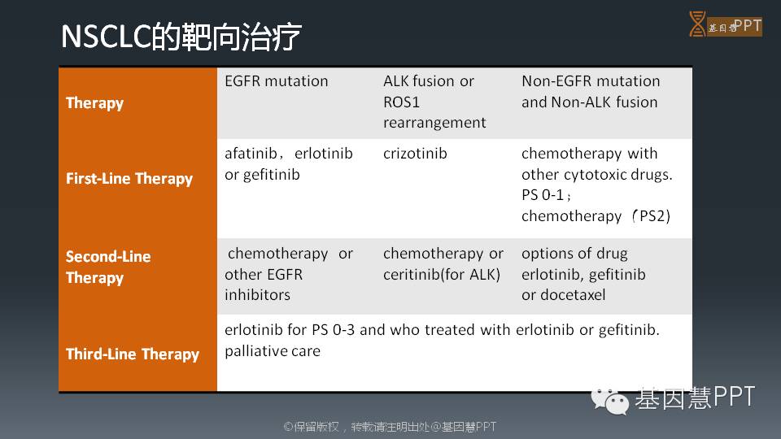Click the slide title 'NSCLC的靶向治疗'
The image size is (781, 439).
coord(181,37)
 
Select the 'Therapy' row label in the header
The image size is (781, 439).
coord(94,103)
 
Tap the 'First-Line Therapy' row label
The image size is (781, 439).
coord(129,179)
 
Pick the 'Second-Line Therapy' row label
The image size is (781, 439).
coord(108,267)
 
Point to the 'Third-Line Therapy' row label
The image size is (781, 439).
coord(133,354)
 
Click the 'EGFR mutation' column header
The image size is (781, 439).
coord(277,81)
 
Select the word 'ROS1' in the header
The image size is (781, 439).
coord(401,102)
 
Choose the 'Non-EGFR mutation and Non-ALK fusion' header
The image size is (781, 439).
coord(591,92)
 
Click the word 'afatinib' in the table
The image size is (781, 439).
coord(251,154)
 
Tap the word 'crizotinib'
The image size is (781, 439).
coord(415,154)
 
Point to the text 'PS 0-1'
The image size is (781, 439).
coord(543,194)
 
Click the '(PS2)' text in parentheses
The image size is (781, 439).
coord(651,216)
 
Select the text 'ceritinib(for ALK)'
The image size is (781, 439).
coord(442,274)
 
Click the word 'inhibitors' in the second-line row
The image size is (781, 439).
coord(258,294)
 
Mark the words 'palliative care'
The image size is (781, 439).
coord(273,351)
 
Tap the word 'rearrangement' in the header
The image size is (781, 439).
coord(434,123)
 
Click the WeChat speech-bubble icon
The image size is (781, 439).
coord(609,400)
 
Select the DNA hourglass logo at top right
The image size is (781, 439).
coord(697,24)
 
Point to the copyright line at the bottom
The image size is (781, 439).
coord(390,427)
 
